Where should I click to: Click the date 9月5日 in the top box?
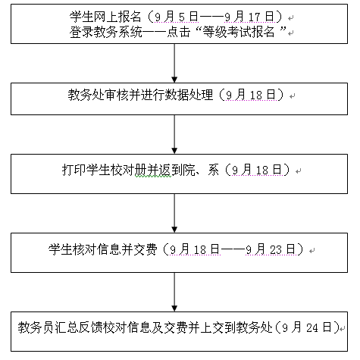177,17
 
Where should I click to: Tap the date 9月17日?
249,17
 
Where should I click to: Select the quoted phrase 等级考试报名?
239,32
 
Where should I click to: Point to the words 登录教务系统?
106,32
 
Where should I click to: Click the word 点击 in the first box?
178,32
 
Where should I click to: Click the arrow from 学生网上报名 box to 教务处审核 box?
174,63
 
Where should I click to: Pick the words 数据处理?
189,95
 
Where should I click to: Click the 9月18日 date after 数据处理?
251,95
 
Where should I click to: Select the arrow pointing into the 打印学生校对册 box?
174,134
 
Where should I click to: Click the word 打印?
74,170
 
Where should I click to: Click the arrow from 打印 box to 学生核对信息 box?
174,213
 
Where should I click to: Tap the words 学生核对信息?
85,249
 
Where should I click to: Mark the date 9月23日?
271,249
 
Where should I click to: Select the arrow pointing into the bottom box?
174,292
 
